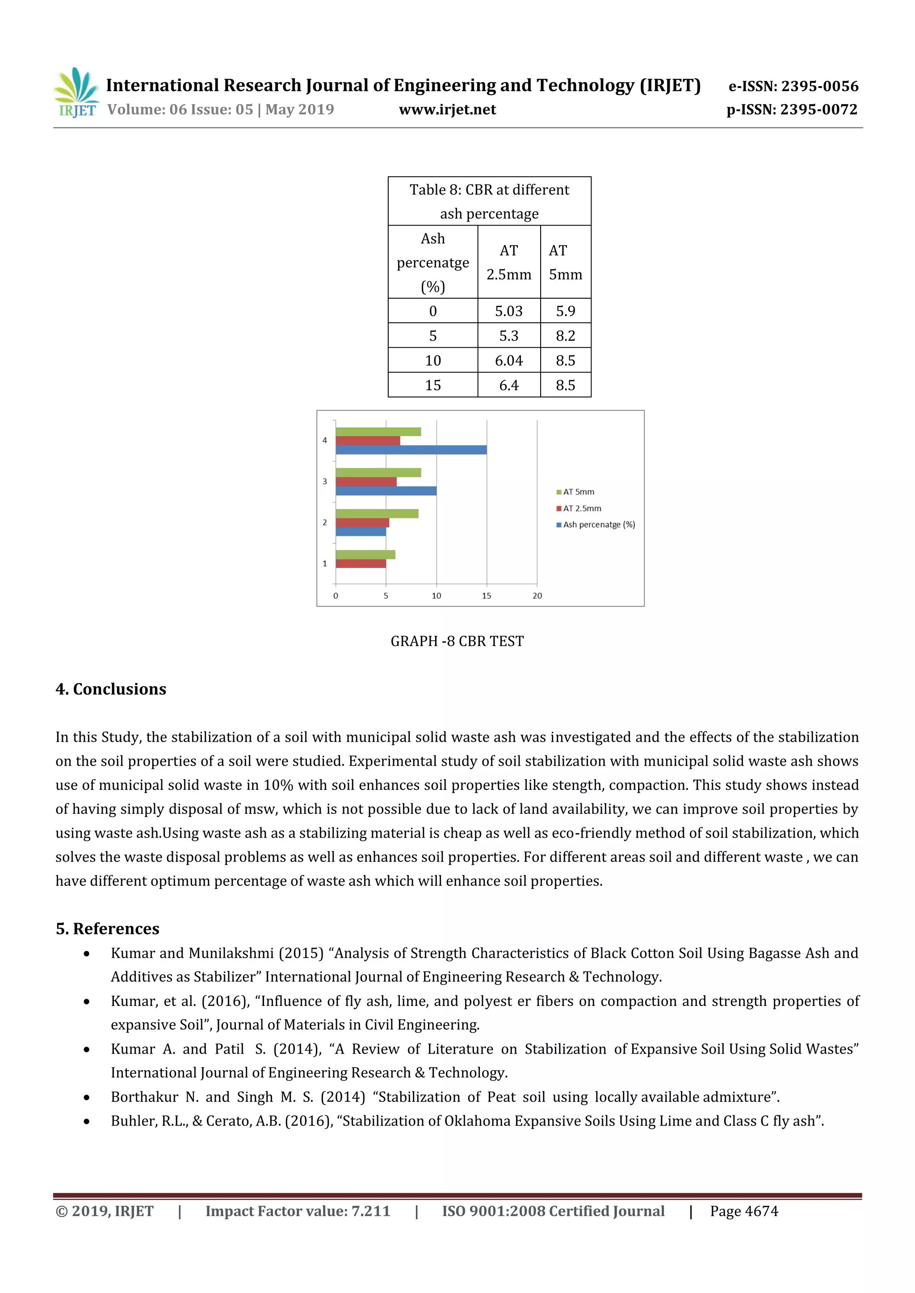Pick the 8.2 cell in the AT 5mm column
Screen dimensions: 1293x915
tap(565, 336)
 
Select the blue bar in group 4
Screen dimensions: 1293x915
tap(411, 450)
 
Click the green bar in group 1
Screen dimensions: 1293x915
tap(365, 555)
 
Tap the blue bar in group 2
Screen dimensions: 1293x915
tap(361, 532)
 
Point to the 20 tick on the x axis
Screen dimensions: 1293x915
tap(537, 596)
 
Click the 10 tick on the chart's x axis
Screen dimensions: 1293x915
tap(436, 596)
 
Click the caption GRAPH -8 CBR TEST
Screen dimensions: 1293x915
tap(457, 641)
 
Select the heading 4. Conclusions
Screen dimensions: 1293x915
tap(111, 689)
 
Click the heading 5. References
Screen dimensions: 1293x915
tap(108, 929)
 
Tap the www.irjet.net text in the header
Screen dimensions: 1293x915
tap(447, 110)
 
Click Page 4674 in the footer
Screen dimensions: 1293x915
tap(744, 1211)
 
